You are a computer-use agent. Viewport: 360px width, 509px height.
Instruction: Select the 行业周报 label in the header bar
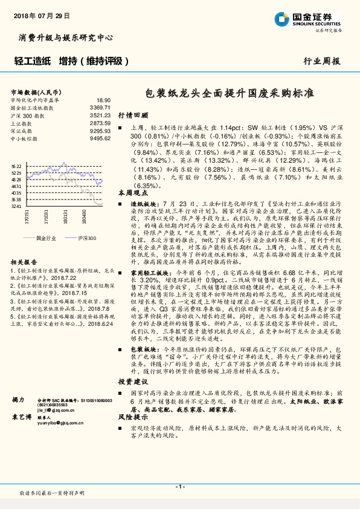[321, 61]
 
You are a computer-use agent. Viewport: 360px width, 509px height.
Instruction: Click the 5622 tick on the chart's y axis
[16, 166]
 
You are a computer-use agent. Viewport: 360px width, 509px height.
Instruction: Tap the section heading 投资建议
[132, 381]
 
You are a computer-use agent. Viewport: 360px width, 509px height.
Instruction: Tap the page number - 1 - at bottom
[179, 487]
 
